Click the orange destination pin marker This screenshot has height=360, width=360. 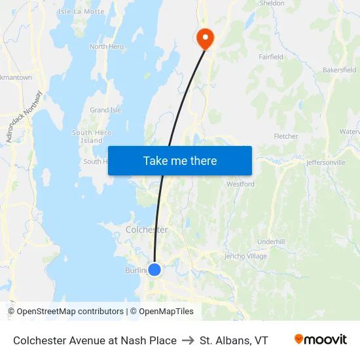click(206, 37)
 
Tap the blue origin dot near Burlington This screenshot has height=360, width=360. click(154, 269)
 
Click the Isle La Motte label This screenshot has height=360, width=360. click(81, 12)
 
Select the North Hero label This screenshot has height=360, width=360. click(107, 46)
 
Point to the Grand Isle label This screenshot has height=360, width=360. click(105, 110)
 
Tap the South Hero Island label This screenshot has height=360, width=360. click(92, 136)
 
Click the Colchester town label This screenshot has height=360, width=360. click(147, 230)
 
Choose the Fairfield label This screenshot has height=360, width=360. click(270, 57)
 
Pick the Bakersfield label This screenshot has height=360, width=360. click(340, 69)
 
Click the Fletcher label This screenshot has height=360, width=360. click(285, 136)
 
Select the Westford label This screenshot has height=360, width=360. click(240, 184)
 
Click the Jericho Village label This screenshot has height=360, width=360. click(245, 256)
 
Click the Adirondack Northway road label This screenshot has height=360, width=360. click(24, 117)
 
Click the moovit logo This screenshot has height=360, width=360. click(321, 340)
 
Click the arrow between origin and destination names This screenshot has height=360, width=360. click(188, 340)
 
